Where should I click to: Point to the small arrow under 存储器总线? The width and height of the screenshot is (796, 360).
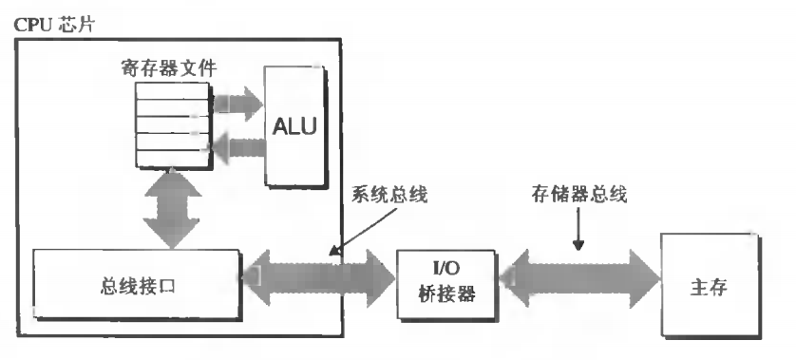[578, 233]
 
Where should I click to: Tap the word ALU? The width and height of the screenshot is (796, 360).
[295, 125]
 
